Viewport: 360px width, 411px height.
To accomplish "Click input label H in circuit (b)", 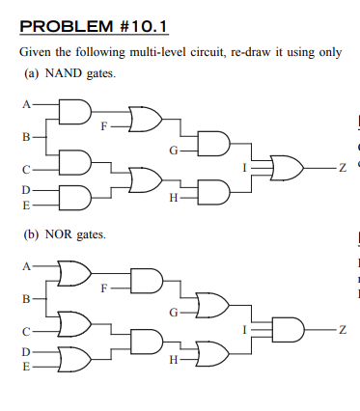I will pos(172,360).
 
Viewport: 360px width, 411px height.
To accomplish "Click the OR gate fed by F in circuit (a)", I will pos(144,119).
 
